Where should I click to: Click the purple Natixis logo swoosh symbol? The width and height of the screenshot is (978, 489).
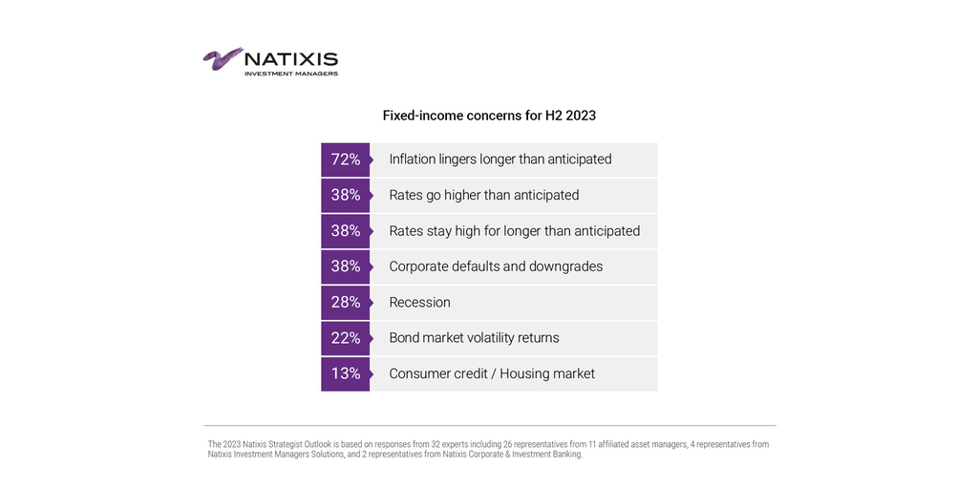pos(223,58)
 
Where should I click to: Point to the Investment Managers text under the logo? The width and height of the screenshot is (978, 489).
pos(290,74)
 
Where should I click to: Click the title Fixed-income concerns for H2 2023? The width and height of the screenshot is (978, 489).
pos(489,116)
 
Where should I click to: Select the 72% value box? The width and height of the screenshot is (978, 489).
pos(345,159)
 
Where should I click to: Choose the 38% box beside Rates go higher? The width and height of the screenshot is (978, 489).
pos(345,195)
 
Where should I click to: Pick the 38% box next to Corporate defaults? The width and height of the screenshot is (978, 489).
pos(345,266)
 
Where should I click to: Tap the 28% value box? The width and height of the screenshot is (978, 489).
pos(345,302)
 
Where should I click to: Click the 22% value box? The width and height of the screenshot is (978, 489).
pos(345,338)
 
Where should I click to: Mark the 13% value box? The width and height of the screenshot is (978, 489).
pos(345,373)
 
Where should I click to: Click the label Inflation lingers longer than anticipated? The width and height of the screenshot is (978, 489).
pos(500,159)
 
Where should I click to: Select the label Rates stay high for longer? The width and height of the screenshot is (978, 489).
pos(514,231)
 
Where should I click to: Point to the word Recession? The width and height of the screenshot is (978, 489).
pos(419,303)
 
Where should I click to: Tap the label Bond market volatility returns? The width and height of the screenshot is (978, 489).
pos(474,338)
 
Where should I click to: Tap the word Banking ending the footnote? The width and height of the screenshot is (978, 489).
pos(564,455)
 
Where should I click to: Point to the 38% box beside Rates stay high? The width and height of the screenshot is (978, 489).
pos(345,231)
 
